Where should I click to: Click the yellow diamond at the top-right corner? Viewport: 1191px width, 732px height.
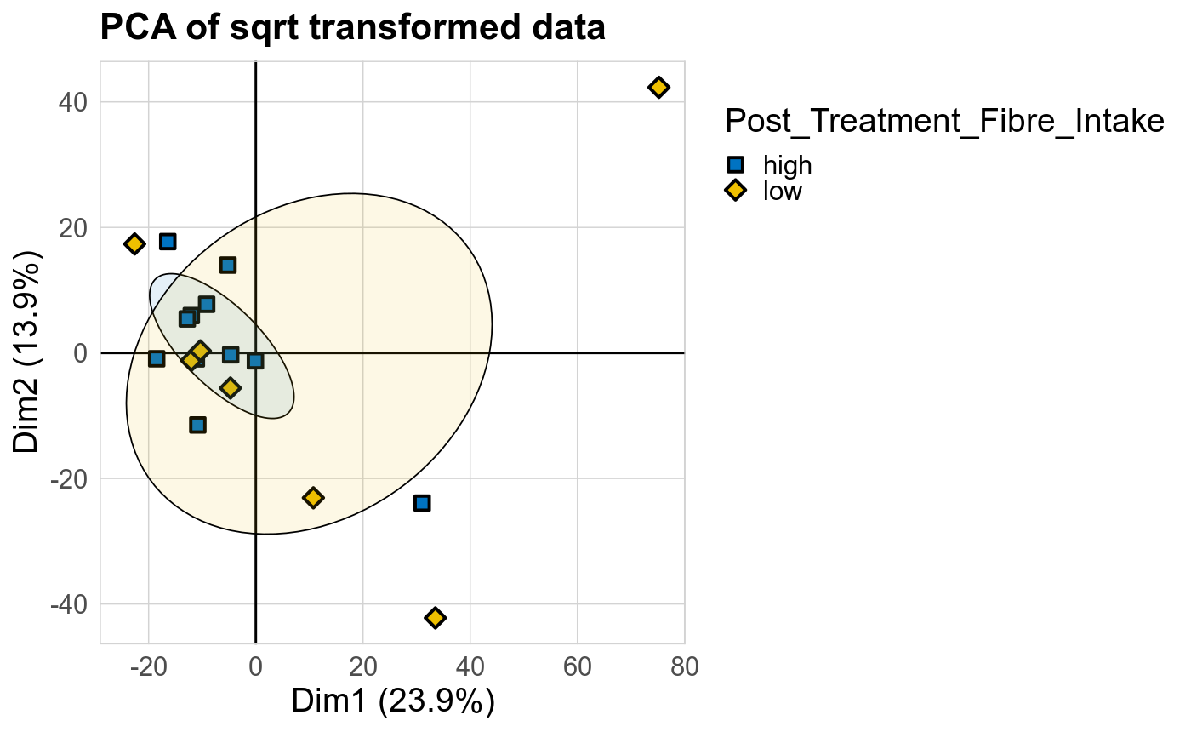[x=658, y=87]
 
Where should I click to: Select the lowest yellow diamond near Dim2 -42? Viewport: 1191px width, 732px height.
[x=436, y=617]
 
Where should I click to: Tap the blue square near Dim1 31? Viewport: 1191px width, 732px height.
[x=422, y=503]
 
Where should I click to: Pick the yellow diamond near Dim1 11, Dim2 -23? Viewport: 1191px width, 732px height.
[x=313, y=497]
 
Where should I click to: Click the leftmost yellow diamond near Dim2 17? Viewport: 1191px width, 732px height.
[x=134, y=244]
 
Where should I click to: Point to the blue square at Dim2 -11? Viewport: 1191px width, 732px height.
[x=198, y=425]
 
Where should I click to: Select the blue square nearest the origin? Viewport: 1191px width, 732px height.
[x=255, y=361]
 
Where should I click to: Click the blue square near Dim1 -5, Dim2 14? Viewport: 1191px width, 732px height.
[x=228, y=265]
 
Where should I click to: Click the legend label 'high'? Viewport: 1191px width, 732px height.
[x=787, y=165]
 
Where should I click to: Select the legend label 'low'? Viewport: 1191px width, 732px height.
[x=783, y=191]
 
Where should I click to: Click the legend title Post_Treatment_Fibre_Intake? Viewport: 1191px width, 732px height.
[x=944, y=123]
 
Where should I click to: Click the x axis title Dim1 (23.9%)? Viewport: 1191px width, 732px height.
[x=392, y=701]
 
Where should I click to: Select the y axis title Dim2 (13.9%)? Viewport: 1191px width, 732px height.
[x=28, y=352]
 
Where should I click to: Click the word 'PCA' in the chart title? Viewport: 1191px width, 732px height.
[x=134, y=28]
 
